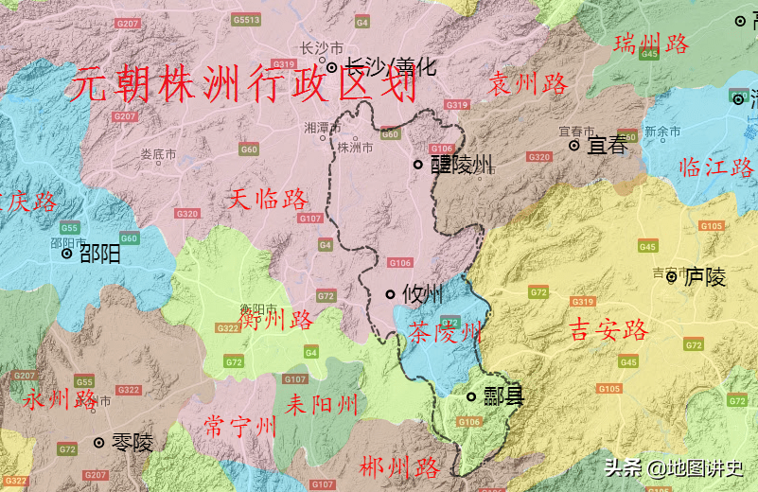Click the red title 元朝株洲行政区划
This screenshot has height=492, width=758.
tap(244, 86)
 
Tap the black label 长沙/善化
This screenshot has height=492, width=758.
tap(389, 67)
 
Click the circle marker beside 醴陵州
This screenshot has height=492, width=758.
tap(417, 165)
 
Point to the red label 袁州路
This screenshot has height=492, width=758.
tap(527, 84)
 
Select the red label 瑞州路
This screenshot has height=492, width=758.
tap(650, 44)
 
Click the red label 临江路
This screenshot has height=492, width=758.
tap(716, 168)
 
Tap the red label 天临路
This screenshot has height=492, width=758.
tap(269, 199)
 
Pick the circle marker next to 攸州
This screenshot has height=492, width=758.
tap(390, 294)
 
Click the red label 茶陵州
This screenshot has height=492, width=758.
tap(445, 332)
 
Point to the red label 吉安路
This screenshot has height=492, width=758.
tap(608, 329)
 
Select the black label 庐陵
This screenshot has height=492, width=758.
tap(705, 277)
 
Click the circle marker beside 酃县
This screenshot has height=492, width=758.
tap(471, 396)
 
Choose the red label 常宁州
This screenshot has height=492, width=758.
tap(240, 427)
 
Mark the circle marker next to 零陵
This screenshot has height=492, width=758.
tap(98, 442)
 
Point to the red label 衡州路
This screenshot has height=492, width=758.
tap(275, 321)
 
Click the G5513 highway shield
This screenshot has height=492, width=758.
tap(246, 20)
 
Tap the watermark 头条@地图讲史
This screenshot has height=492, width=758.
tap(675, 467)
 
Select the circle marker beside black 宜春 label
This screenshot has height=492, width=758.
tap(573, 146)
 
